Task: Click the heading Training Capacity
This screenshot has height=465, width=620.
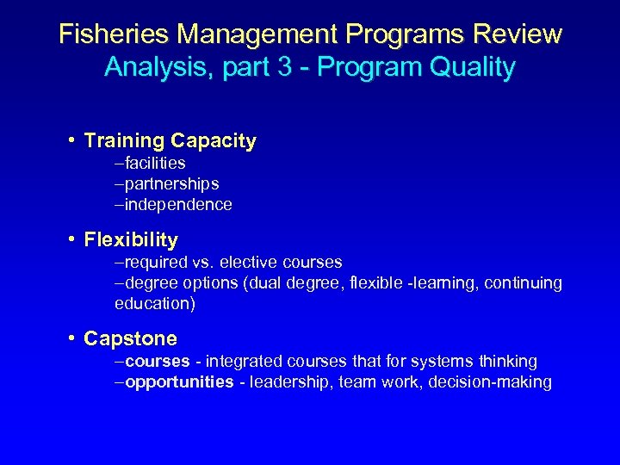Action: [x=170, y=140]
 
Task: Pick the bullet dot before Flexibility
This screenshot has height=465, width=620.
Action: [x=72, y=239]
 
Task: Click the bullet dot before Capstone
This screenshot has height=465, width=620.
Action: [x=72, y=338]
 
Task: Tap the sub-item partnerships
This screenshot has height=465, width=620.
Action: [x=171, y=183]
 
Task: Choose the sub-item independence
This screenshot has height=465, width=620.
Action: [x=178, y=204]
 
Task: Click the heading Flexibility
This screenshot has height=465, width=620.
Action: [x=131, y=239]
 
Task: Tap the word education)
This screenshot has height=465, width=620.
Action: [x=156, y=303]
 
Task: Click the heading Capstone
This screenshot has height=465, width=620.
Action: [x=130, y=338]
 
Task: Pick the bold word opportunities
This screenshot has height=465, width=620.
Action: [x=179, y=381]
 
